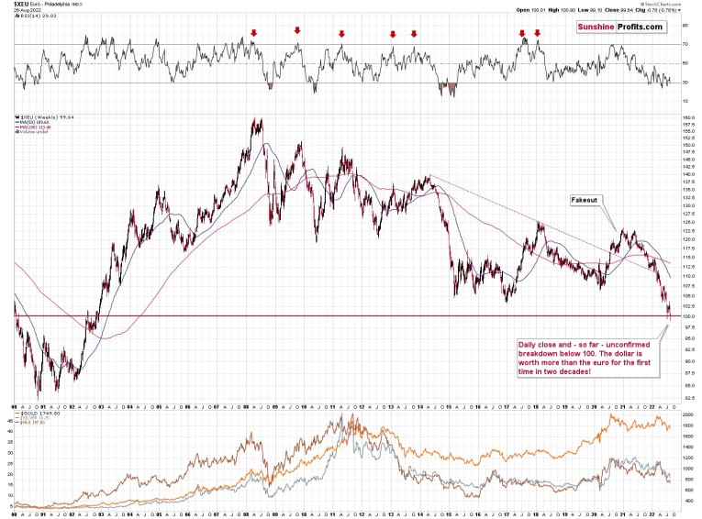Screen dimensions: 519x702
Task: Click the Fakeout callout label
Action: coord(585,199)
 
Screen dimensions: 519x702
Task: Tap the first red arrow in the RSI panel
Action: coord(253,33)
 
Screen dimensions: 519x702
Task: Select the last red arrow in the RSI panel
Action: coord(537,33)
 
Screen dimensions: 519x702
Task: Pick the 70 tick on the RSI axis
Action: coord(685,44)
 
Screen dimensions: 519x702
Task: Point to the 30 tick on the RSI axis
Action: coord(685,83)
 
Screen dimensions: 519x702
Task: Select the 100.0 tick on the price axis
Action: coord(687,316)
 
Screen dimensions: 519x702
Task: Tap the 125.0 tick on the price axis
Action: coord(687,223)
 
